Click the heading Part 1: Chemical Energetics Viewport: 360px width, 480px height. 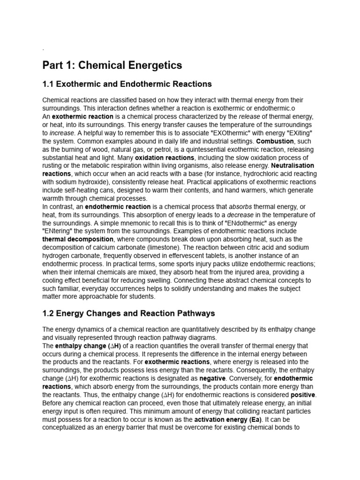pyautogui.click(x=112, y=65)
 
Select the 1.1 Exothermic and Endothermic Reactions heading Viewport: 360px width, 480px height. pyautogui.click(x=127, y=84)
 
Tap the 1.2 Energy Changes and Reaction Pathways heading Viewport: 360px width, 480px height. pyautogui.click(x=128, y=313)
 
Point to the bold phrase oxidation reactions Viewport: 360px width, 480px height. pyautogui.click(x=165, y=157)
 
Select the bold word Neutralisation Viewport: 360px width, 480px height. pyautogui.click(x=291, y=165)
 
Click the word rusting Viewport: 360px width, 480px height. pyautogui.click(x=53, y=165)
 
